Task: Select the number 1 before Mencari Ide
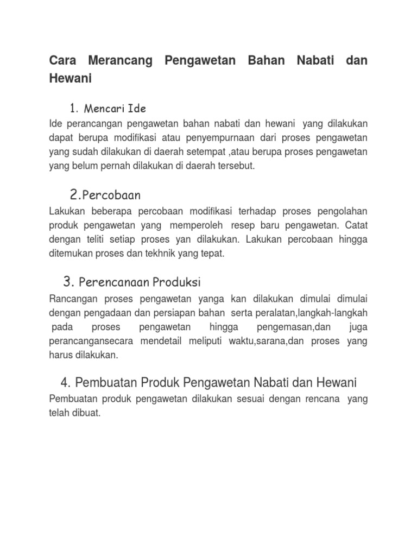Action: click(x=73, y=108)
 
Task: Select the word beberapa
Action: click(x=109, y=211)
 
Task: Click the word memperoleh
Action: click(x=193, y=225)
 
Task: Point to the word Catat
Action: click(x=356, y=225)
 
